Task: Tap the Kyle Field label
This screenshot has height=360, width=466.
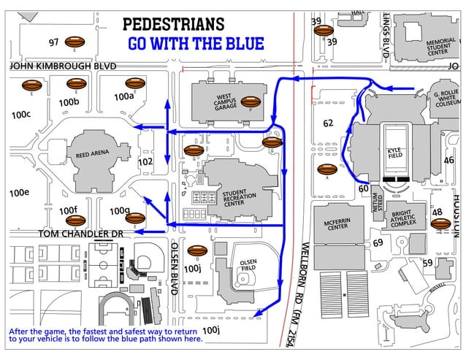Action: pyautogui.click(x=394, y=153)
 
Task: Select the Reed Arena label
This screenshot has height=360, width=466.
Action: pyautogui.click(x=92, y=154)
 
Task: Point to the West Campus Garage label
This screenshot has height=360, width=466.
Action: pyautogui.click(x=224, y=102)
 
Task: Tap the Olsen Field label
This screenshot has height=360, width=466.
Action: pyautogui.click(x=248, y=265)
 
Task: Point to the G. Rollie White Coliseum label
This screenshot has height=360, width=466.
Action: pyautogui.click(x=447, y=99)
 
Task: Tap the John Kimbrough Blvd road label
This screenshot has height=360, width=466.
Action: pyautogui.click(x=63, y=66)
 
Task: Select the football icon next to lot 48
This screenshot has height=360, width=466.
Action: pyautogui.click(x=440, y=224)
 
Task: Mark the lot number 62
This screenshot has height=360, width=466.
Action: pyautogui.click(x=328, y=123)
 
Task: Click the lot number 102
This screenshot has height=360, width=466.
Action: pyautogui.click(x=145, y=161)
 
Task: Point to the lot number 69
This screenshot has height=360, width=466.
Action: pyautogui.click(x=378, y=242)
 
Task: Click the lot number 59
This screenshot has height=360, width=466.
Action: pyautogui.click(x=427, y=263)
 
